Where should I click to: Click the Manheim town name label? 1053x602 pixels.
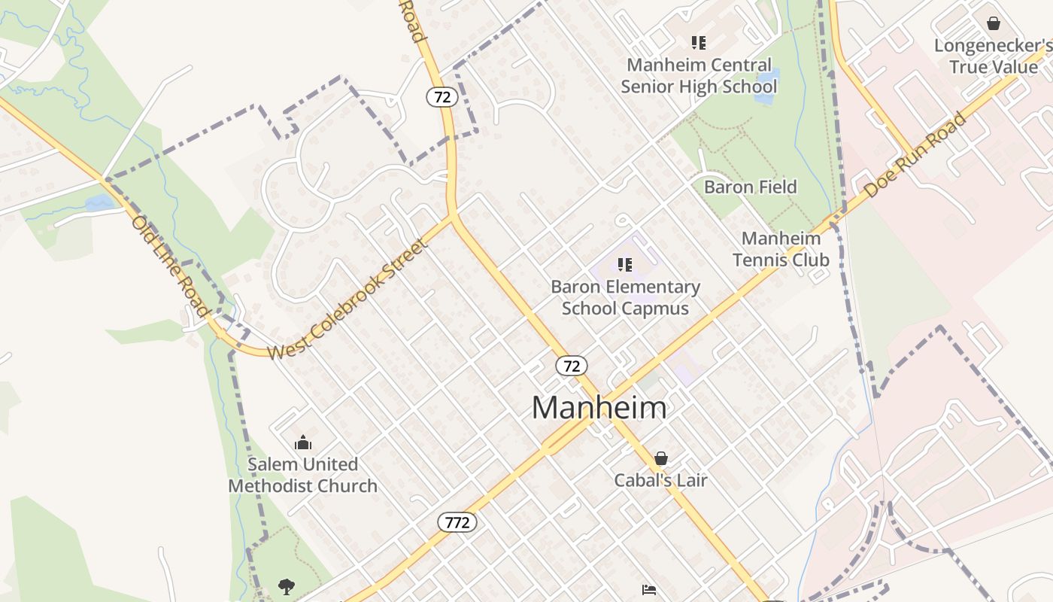pos(599,408)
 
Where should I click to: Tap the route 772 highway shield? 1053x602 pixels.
pos(457,521)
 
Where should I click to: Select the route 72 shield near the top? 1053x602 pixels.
pos(442,96)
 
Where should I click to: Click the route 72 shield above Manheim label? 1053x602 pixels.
pos(572,366)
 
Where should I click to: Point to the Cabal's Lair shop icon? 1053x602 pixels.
pos(661,458)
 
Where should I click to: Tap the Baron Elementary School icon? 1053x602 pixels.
pos(624,264)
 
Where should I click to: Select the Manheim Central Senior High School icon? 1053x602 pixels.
pos(699,43)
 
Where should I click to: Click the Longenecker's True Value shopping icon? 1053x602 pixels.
pos(994,23)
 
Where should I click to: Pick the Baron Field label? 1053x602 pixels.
pos(750,187)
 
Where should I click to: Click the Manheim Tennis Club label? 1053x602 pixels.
pos(781,249)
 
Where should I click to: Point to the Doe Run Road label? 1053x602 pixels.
pos(915,156)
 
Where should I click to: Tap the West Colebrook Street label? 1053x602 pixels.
pos(347,299)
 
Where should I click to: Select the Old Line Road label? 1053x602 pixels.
pos(170,265)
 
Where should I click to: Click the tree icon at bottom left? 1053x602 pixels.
pos(286,585)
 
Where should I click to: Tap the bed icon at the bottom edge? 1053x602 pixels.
pos(648,589)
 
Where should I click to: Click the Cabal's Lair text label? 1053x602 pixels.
pos(660,480)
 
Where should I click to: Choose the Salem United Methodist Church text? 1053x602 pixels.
pos(303,475)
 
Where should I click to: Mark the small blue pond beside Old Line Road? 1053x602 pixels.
pos(99,202)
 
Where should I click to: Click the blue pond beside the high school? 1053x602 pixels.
pos(766,85)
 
